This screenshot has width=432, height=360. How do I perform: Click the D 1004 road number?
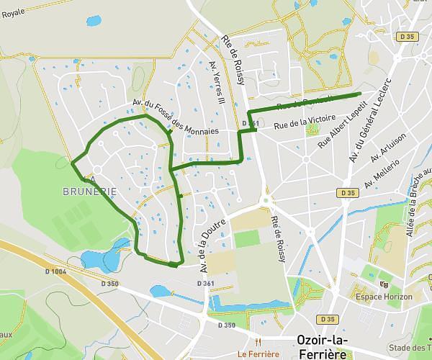coord(54,271)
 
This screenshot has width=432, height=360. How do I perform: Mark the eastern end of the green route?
coord(359,94)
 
